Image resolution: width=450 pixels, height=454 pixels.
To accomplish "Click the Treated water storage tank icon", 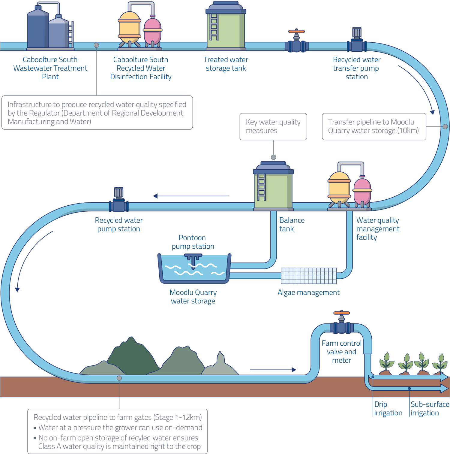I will coord(226,27).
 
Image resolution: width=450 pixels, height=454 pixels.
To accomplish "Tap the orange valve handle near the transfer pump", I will coord(296,31).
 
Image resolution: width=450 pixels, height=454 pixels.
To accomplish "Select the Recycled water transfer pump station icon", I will coord(357,41).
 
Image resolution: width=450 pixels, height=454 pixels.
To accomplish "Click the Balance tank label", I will coord(292,224).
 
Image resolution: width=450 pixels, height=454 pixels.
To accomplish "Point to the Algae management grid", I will coord(309,276).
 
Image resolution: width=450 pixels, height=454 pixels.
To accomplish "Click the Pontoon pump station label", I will coord(193,242).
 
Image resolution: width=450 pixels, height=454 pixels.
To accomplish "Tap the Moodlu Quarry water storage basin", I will coord(194,269).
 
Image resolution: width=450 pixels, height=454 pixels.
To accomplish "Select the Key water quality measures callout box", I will coord(273,126).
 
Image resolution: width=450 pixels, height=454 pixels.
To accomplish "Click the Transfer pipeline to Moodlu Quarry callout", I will coord(374,126).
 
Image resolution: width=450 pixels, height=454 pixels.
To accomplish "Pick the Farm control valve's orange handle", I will coord(342,313).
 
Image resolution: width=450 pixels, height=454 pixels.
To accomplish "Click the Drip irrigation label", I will coord(388,409).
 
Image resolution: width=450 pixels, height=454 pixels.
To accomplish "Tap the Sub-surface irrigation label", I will coord(430,409).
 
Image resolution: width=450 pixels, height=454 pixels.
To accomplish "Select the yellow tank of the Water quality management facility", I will coord(339,187).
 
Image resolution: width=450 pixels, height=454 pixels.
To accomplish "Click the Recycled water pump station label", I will coord(119,225).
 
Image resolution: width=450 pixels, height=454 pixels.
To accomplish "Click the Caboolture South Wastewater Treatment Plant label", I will coord(50,68).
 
